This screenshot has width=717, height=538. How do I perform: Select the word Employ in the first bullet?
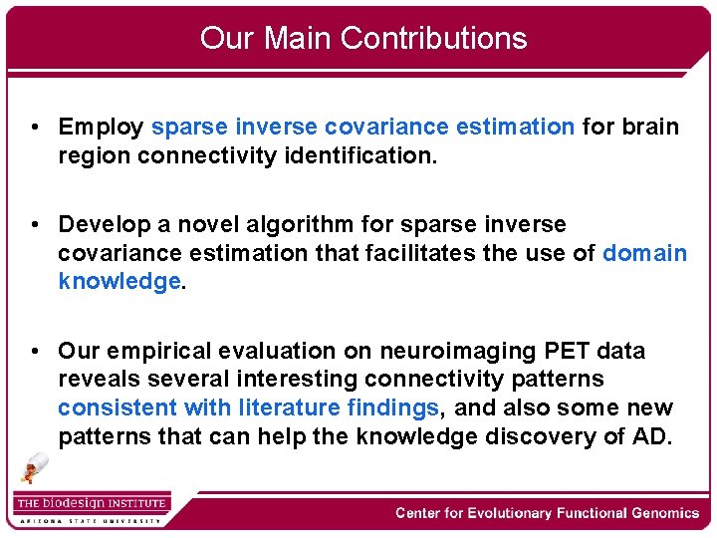click(x=101, y=128)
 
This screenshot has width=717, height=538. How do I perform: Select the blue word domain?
click(x=644, y=253)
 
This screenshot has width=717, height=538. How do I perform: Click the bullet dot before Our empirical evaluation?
click(x=35, y=352)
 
